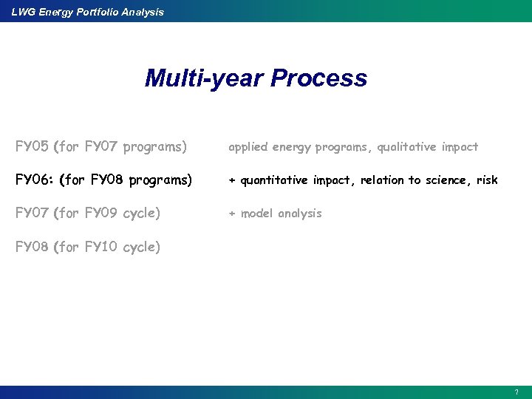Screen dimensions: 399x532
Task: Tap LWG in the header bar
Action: pos(23,12)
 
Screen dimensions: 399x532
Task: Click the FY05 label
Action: pos(32,146)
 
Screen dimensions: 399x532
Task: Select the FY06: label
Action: pos(34,180)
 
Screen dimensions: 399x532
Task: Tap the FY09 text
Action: pos(101,213)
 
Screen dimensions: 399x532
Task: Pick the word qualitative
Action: pos(408,147)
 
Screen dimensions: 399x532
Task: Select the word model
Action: pos(256,214)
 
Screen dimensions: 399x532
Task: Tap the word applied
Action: pos(248,147)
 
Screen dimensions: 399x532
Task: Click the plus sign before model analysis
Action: pos(231,214)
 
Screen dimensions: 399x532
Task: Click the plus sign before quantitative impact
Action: pos(231,180)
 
